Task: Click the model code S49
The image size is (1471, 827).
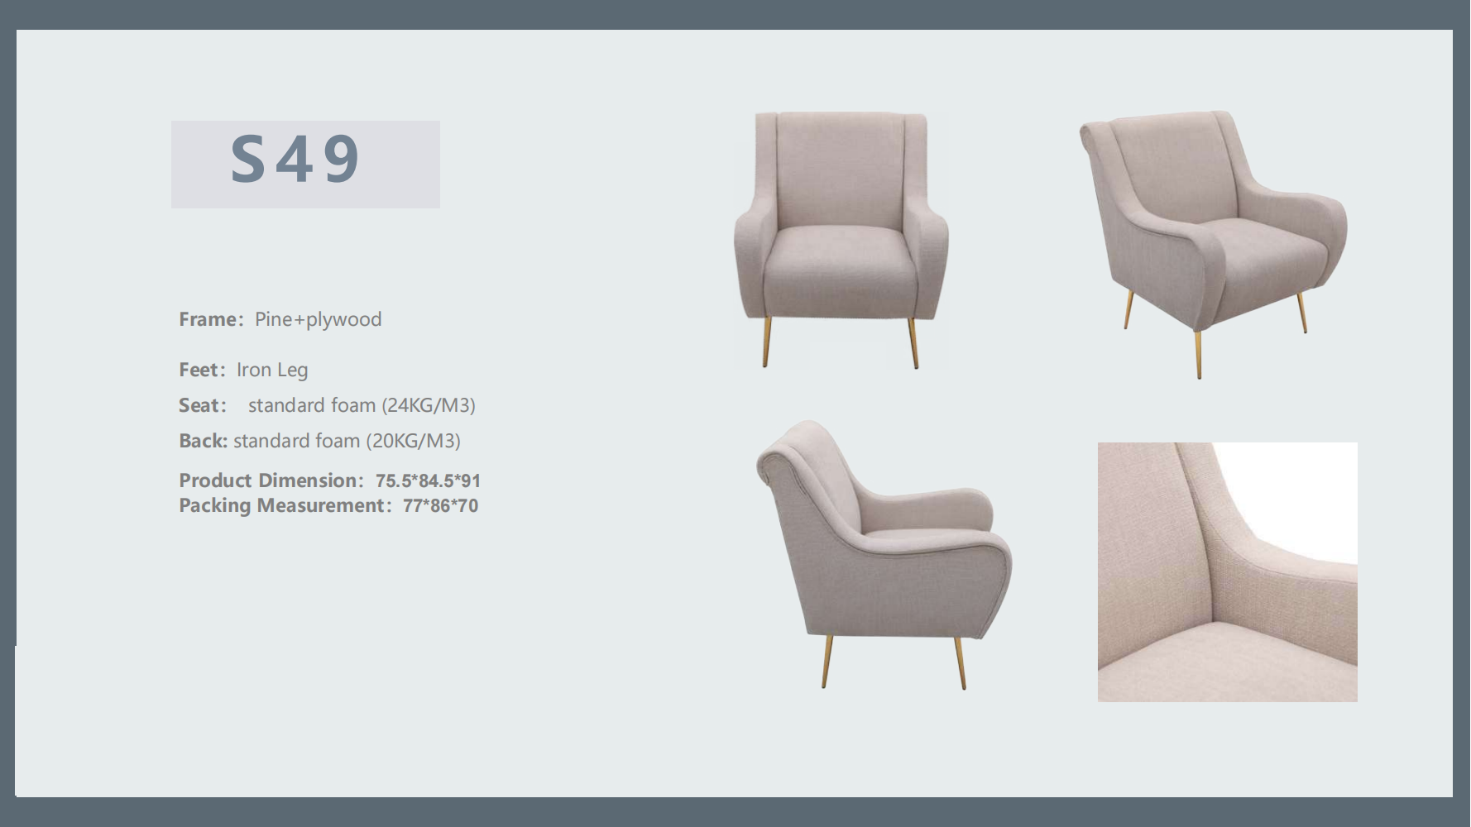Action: [x=295, y=159]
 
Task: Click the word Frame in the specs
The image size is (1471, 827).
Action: [x=208, y=319]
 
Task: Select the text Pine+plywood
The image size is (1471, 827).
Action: [x=319, y=320]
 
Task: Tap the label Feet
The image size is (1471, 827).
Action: [x=199, y=370]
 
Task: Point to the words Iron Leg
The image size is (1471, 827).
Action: [x=272, y=370]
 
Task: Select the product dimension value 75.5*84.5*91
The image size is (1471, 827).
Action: [x=428, y=481]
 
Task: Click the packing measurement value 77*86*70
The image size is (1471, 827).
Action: [x=440, y=506]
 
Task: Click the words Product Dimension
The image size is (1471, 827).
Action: [x=268, y=480]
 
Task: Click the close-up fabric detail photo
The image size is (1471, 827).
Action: [x=1227, y=572]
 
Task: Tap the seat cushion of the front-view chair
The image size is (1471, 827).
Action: [x=841, y=246]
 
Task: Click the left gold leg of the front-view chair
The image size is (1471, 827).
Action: [x=767, y=342]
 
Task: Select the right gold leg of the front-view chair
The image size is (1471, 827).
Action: [x=913, y=342]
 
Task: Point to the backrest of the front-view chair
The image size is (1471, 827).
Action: [x=841, y=170]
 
